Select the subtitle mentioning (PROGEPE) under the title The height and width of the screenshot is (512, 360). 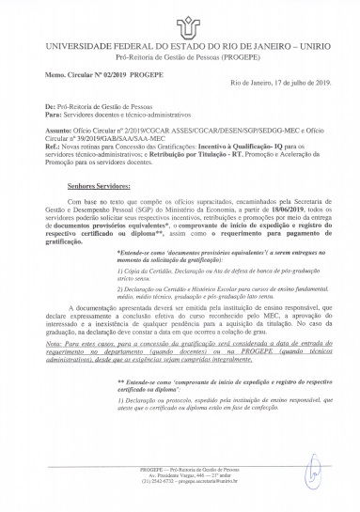[x=180, y=56]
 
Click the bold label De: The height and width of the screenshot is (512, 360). [x=49, y=105]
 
